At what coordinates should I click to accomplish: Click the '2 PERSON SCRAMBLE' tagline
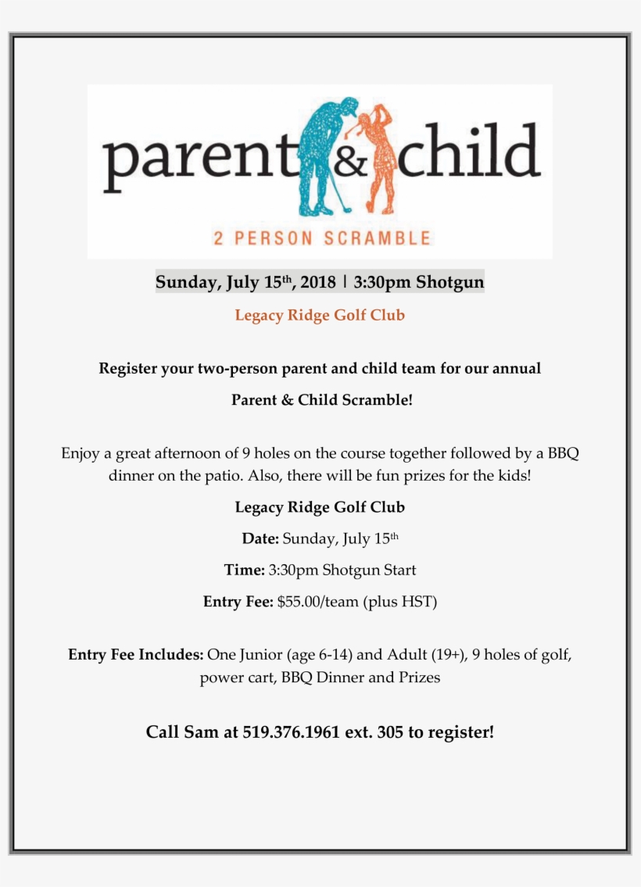321,238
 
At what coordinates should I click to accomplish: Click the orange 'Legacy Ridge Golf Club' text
320,316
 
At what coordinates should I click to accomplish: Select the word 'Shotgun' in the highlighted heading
449,281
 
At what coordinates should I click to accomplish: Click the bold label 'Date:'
260,538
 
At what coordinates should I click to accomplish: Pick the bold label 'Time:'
244,570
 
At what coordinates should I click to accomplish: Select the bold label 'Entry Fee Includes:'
136,655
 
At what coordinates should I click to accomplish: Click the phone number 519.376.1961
291,733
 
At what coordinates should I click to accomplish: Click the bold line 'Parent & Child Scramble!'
321,400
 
